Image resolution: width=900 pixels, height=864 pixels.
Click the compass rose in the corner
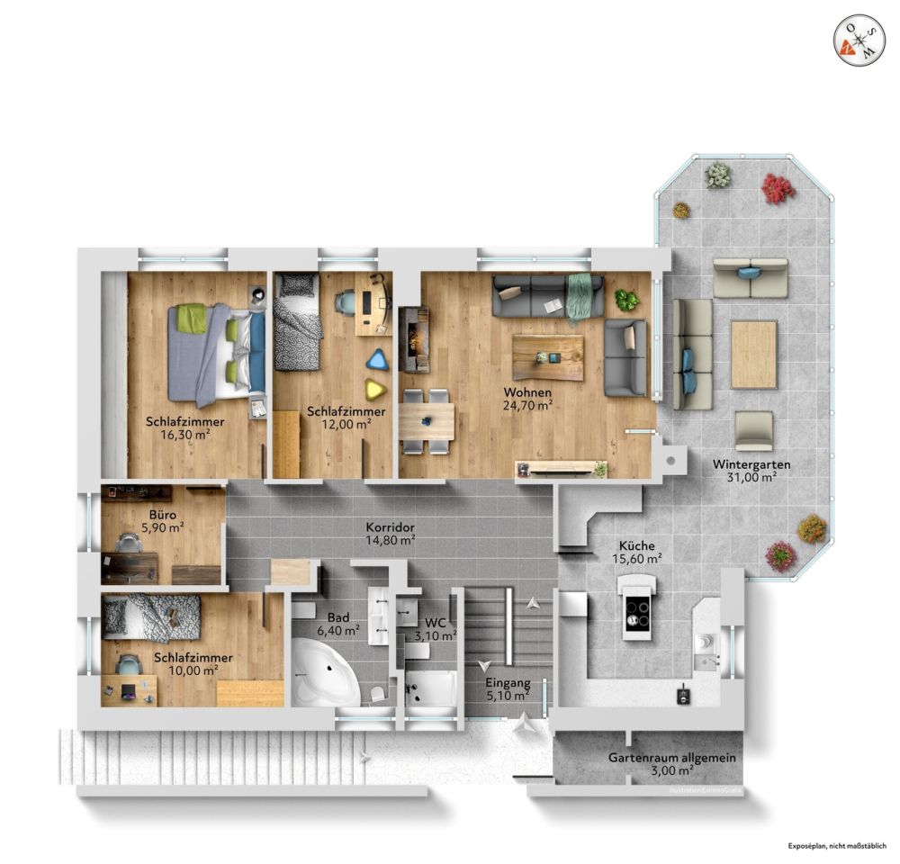click(x=858, y=40)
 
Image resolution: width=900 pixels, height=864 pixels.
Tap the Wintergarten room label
click(x=751, y=464)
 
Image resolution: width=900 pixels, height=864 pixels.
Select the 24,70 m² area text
click(x=527, y=405)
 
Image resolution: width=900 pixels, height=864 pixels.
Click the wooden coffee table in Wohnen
click(x=547, y=357)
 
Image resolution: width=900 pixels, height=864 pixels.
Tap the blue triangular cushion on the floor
click(x=377, y=360)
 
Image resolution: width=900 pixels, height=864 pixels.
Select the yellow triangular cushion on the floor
click(x=373, y=389)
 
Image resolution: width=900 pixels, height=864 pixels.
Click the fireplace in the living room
click(x=414, y=338)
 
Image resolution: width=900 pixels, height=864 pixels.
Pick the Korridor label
click(x=390, y=526)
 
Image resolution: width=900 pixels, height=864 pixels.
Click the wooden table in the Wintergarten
click(x=753, y=354)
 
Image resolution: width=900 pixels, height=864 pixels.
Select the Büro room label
click(x=149, y=516)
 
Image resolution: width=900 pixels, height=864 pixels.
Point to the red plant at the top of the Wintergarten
click(x=777, y=188)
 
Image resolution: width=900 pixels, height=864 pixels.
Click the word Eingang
click(x=507, y=682)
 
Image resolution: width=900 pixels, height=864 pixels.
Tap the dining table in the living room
click(x=427, y=419)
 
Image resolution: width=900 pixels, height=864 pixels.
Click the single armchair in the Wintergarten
click(x=753, y=430)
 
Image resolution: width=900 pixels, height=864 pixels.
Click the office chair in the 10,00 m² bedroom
click(x=129, y=664)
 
